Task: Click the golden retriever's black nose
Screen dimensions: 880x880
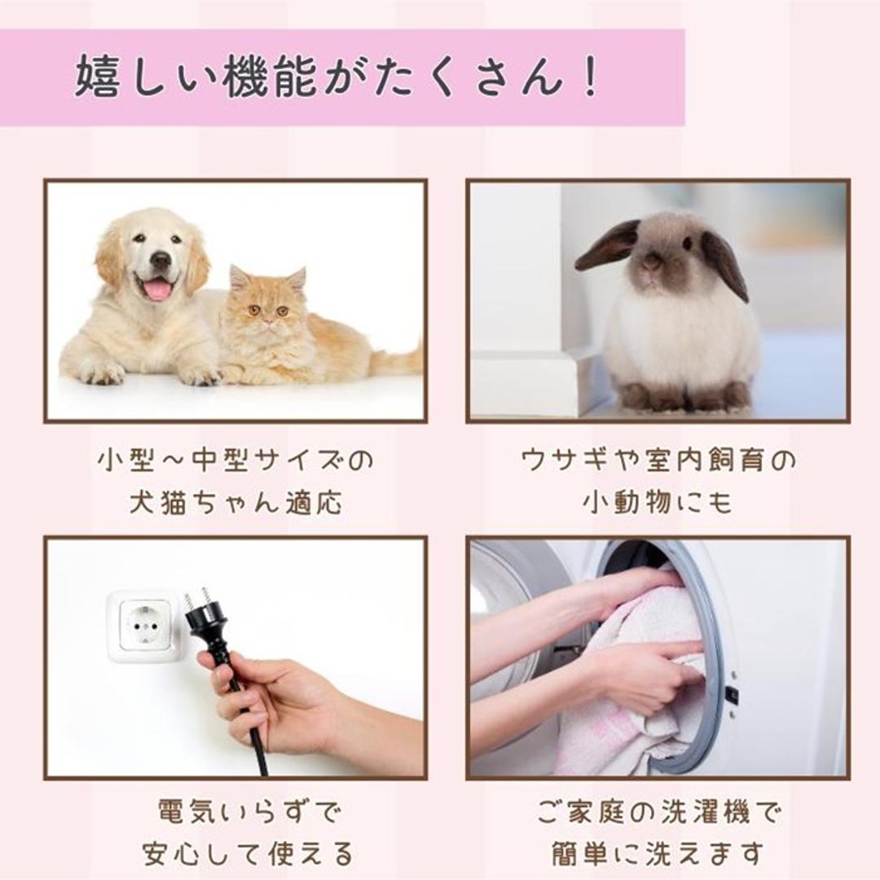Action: click(161, 260)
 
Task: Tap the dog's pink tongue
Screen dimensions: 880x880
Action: click(157, 289)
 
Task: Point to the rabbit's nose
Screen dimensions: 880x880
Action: click(651, 262)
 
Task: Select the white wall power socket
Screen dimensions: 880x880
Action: click(143, 625)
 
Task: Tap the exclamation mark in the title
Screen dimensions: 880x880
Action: click(592, 79)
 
